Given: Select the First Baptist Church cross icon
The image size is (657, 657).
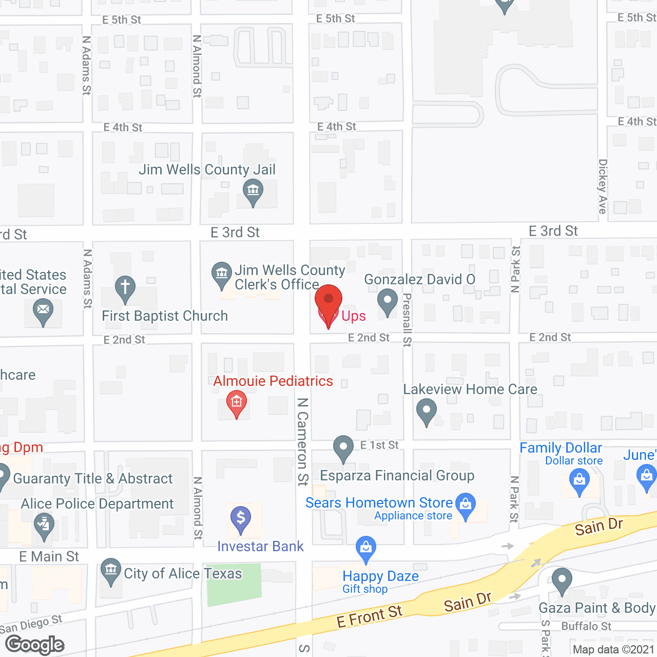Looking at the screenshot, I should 125,288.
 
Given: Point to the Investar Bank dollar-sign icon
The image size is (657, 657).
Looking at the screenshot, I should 241,518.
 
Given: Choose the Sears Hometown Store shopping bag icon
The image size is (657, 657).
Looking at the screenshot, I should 466,505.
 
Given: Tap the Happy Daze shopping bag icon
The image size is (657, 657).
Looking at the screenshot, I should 366,548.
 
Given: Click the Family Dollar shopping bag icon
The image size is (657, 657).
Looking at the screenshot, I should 579,481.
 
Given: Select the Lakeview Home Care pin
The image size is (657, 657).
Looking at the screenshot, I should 426,411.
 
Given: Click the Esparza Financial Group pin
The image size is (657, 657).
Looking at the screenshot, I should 343,448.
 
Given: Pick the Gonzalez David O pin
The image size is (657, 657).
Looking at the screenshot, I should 388,301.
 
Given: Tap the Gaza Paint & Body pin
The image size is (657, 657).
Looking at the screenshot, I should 562,580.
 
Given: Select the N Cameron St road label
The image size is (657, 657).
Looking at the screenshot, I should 303,441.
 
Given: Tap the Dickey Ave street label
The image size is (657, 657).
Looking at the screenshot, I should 603,186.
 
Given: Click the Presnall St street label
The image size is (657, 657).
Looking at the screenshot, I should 407,319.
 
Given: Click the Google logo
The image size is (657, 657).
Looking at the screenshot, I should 35,645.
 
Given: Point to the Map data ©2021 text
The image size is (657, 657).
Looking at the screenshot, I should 613,649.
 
